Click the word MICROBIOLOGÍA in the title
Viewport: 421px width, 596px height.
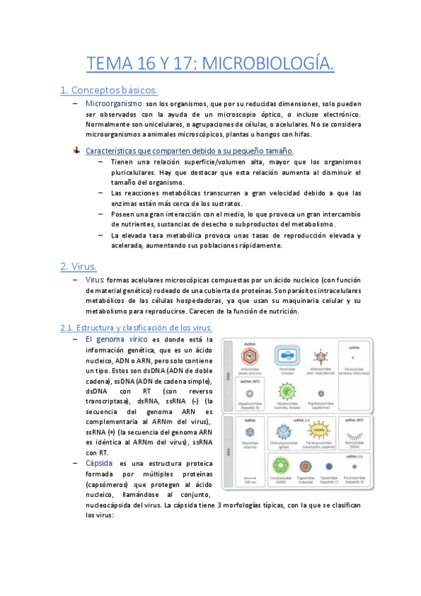(x=268, y=65)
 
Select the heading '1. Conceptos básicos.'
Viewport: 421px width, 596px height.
(x=109, y=90)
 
